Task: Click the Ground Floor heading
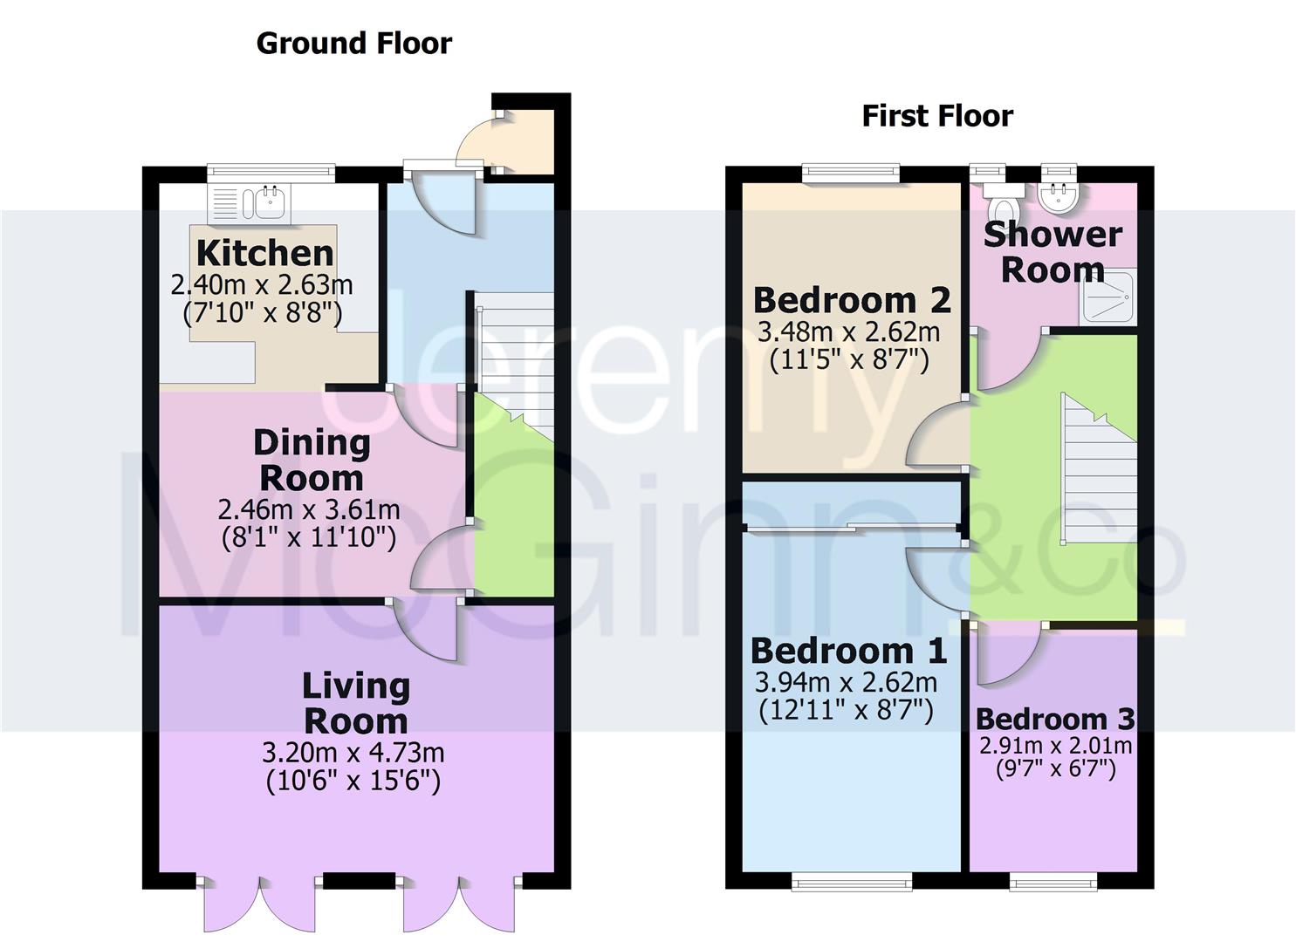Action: pos(354,44)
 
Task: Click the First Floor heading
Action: pos(937,116)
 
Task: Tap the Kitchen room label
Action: pos(264,253)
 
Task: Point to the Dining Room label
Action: pos(312,460)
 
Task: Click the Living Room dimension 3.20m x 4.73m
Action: pos(353,752)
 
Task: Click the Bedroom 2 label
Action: pos(851,300)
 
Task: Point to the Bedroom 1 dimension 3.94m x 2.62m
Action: pos(847,682)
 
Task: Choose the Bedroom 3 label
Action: pos(1055,719)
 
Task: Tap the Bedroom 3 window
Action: pos(1053,883)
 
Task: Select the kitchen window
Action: pos(271,174)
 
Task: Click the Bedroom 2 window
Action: pos(851,174)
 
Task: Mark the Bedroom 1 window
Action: pos(851,883)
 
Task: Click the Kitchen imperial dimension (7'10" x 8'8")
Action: pos(263,312)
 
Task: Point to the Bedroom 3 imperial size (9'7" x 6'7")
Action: pos(1055,769)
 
